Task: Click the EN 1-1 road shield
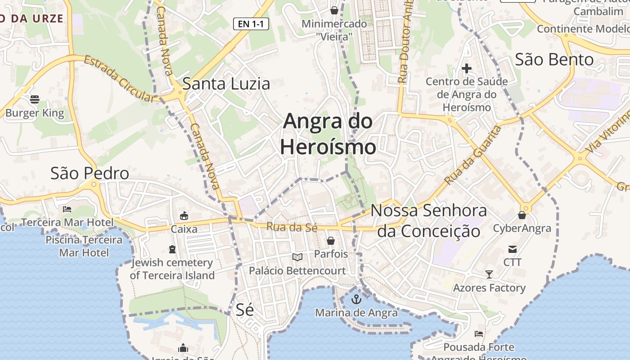(251, 24)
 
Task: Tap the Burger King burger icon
(35, 99)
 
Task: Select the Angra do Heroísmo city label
(328, 134)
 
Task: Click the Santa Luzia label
(226, 83)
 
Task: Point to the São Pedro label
(90, 173)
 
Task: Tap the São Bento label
(554, 59)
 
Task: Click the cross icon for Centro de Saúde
(467, 68)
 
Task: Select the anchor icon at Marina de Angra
(356, 299)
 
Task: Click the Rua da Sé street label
(292, 227)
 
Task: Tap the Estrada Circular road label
(119, 79)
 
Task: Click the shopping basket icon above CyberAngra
(522, 216)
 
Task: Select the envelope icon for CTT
(512, 249)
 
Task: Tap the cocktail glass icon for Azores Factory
(489, 274)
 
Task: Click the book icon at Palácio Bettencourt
(297, 257)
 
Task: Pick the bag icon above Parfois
(331, 241)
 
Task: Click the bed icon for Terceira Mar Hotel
(67, 209)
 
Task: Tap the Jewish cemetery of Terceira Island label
(172, 269)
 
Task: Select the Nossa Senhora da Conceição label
(428, 220)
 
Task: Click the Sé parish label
(245, 310)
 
